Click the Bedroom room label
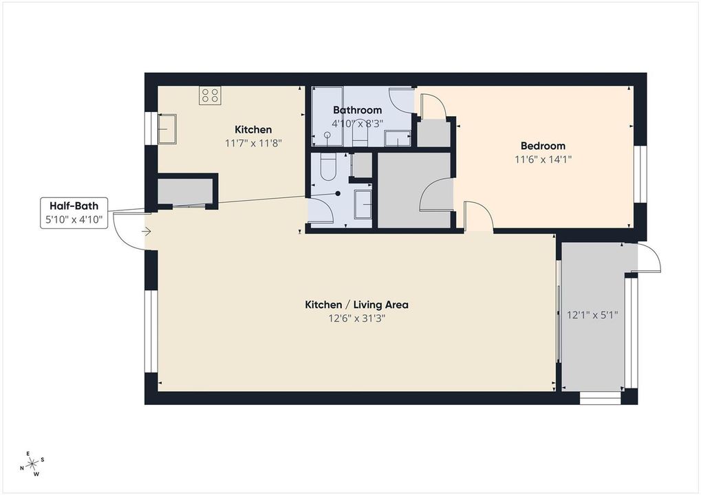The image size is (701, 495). pyautogui.click(x=543, y=146)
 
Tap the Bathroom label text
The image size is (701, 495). pyautogui.click(x=357, y=110)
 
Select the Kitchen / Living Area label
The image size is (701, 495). pyautogui.click(x=356, y=305)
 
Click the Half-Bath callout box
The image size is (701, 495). pyautogui.click(x=74, y=212)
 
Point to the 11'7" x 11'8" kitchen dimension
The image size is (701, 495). pyautogui.click(x=253, y=144)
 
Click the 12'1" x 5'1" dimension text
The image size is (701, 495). pyautogui.click(x=592, y=315)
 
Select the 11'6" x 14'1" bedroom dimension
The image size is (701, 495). pyautogui.click(x=543, y=159)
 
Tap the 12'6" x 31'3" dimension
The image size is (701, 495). pyautogui.click(x=357, y=318)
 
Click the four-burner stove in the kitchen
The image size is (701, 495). pyautogui.click(x=210, y=95)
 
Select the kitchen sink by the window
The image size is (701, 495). pyautogui.click(x=166, y=129)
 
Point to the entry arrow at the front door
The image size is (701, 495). pyautogui.click(x=147, y=232)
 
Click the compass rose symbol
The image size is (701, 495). pyautogui.click(x=33, y=464)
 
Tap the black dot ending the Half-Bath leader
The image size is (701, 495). pyautogui.click(x=338, y=193)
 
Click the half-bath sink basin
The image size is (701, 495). pyautogui.click(x=363, y=204)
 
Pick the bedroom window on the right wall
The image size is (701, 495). pyautogui.click(x=640, y=174)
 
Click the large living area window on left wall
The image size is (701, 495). pyautogui.click(x=151, y=331)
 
